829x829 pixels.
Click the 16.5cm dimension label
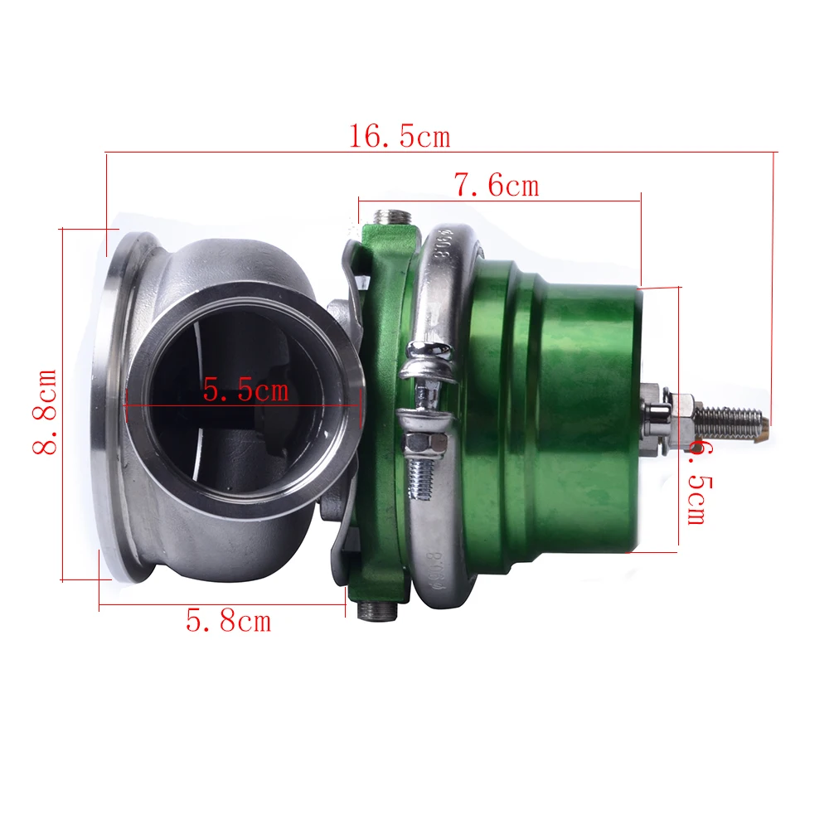point(400,136)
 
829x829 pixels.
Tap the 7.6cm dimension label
point(497,185)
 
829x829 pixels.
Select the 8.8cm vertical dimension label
point(45,412)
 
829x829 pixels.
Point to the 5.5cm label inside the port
point(246,390)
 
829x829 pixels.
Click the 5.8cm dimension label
point(229,620)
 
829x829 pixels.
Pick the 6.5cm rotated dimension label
point(700,484)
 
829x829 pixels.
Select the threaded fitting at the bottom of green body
point(377,611)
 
